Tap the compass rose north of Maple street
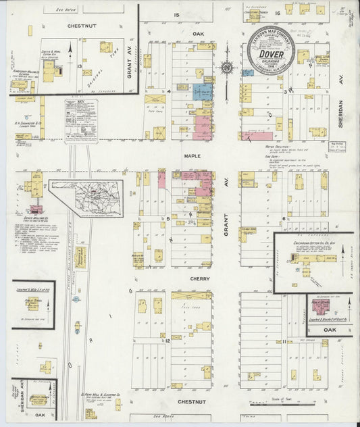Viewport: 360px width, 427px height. [227, 67]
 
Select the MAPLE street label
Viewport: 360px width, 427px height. [192, 155]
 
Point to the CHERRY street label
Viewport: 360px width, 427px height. [200, 278]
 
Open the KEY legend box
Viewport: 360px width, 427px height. [81, 120]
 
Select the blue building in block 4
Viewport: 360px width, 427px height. [202, 92]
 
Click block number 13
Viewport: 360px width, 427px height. [79, 66]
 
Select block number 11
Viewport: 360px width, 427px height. [284, 341]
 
